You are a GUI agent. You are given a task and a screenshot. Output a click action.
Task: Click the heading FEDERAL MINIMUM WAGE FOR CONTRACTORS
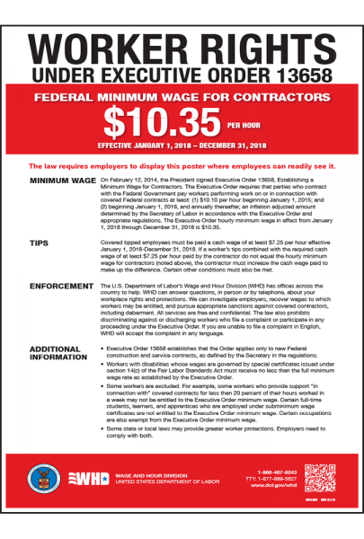point(182,97)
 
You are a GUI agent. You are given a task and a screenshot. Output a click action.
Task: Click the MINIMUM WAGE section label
point(63,181)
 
